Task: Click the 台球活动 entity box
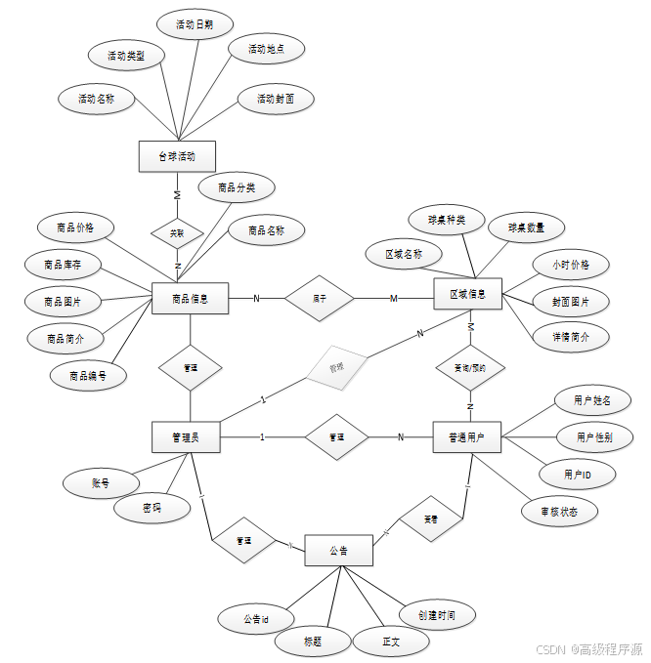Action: click(177, 156)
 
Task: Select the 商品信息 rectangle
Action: click(191, 299)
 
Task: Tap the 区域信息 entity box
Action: click(467, 294)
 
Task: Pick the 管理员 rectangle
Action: click(186, 436)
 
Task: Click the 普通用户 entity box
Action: click(467, 436)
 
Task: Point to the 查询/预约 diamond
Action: click(469, 368)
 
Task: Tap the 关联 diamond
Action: click(177, 233)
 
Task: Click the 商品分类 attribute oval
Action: click(236, 186)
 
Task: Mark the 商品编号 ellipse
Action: click(89, 375)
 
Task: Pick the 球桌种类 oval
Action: click(447, 220)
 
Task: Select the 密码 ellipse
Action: click(152, 508)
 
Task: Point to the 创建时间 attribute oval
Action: click(440, 615)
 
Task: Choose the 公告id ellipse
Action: click(256, 618)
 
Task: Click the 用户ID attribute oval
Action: click(577, 474)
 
